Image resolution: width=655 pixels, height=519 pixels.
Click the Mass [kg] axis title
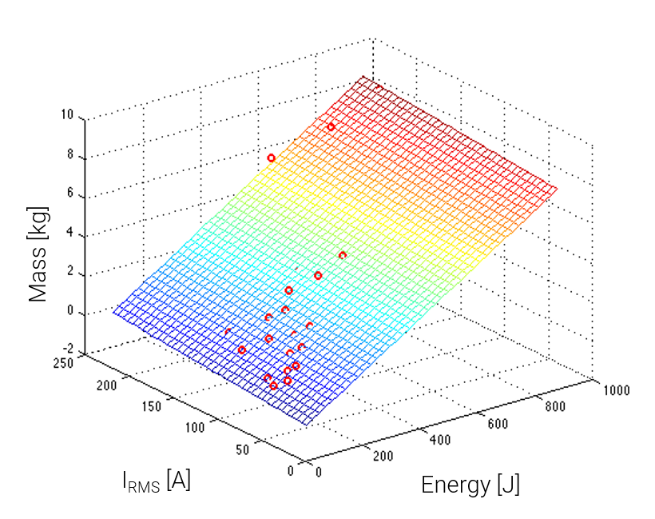click(x=39, y=254)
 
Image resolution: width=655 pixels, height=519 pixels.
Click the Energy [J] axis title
click(x=470, y=485)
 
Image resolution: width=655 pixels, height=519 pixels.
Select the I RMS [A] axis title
click(x=156, y=481)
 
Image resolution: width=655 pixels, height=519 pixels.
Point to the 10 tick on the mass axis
click(x=66, y=116)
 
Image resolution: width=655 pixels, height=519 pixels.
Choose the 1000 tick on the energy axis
click(x=617, y=391)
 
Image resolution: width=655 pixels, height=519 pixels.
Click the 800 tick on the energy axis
click(x=554, y=407)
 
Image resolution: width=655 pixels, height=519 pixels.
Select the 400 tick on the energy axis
click(x=440, y=439)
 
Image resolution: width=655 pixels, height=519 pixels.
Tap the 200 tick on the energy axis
click(x=383, y=456)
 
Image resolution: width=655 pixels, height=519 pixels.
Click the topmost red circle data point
click(x=331, y=127)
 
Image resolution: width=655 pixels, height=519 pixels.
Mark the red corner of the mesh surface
click(x=363, y=78)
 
